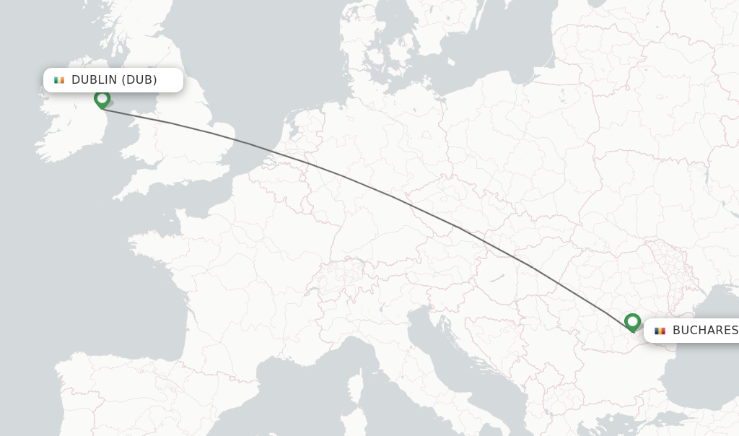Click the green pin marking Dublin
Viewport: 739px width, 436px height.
[x=102, y=98]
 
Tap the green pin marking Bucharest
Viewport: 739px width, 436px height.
[x=632, y=321]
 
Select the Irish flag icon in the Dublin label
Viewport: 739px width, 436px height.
[x=59, y=80]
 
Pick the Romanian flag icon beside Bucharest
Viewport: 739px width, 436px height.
[x=660, y=331]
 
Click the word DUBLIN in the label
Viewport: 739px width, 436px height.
[x=94, y=80]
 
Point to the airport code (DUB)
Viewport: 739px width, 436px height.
[x=139, y=80]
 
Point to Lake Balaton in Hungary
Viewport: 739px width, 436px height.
[x=497, y=277]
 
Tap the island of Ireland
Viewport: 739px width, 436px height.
[x=69, y=126]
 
